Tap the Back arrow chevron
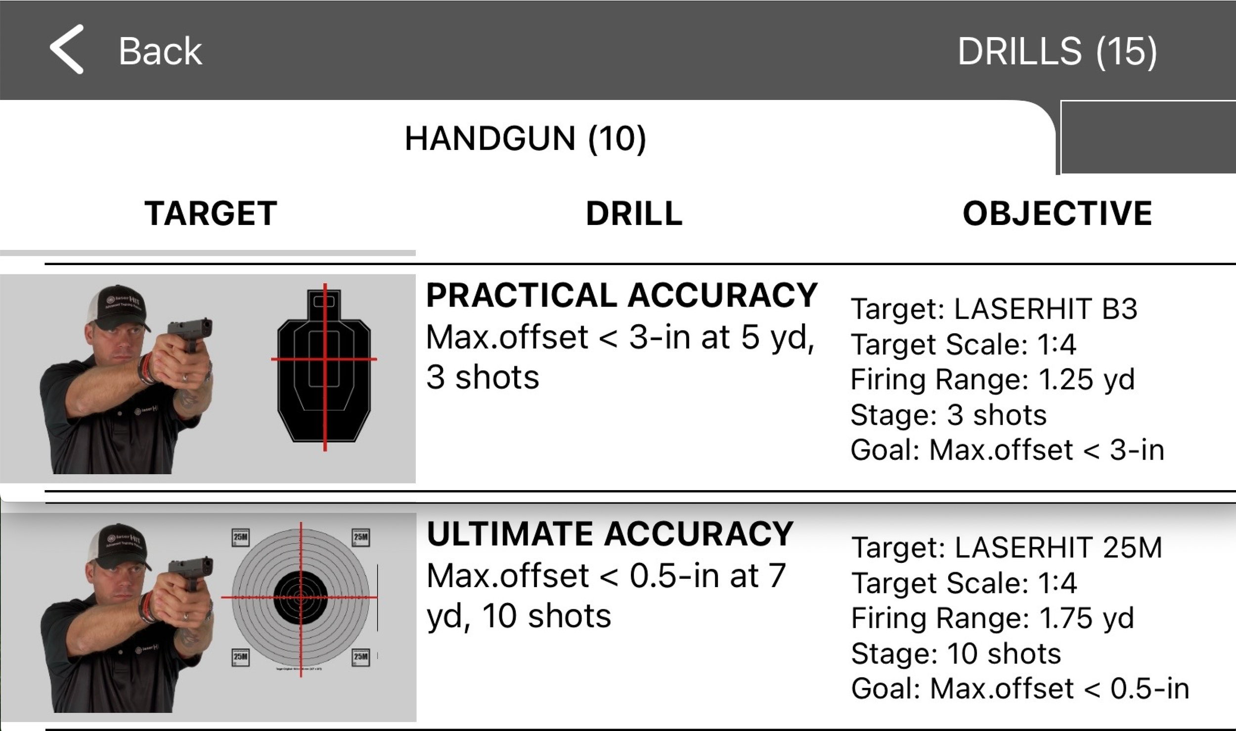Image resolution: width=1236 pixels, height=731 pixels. pyautogui.click(x=67, y=49)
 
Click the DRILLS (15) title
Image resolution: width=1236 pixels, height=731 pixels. pyautogui.click(x=1057, y=51)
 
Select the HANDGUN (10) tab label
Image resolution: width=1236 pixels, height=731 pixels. pyautogui.click(x=525, y=138)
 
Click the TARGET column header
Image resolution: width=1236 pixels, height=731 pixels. pyautogui.click(x=211, y=214)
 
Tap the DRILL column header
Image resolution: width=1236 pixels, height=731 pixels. pyautogui.click(x=634, y=214)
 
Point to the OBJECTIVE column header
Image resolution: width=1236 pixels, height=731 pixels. pyautogui.click(x=1057, y=214)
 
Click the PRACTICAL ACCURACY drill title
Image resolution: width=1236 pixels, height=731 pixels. pyautogui.click(x=621, y=295)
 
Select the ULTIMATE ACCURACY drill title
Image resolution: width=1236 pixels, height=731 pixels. pyautogui.click(x=610, y=534)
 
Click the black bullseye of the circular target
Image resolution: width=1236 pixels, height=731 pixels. pyautogui.click(x=301, y=597)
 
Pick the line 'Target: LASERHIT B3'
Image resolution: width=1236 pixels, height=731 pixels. pyautogui.click(x=994, y=309)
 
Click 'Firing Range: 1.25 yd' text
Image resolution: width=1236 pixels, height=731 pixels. pyautogui.click(x=992, y=380)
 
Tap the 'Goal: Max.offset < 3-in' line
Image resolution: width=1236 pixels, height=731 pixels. pyautogui.click(x=1007, y=450)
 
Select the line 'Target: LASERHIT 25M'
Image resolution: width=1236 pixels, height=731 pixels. pyautogui.click(x=1006, y=548)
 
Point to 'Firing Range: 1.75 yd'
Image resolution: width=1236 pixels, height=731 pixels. pyautogui.click(x=992, y=618)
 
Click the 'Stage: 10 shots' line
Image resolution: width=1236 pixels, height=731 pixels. pyautogui.click(x=956, y=653)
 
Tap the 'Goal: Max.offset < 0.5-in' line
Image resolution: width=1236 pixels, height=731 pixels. pyautogui.click(x=1020, y=688)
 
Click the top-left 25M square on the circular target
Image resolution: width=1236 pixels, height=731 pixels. pyautogui.click(x=240, y=538)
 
